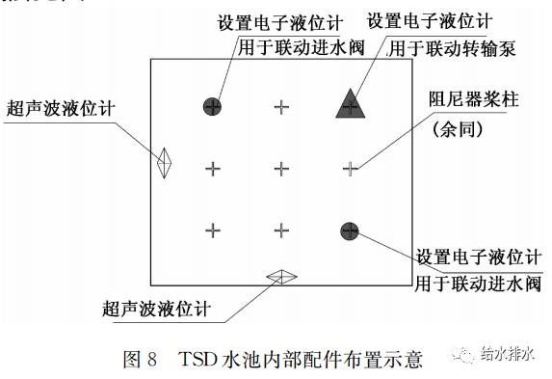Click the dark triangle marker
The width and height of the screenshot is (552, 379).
coord(351,103)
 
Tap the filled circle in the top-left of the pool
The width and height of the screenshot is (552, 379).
coord(212,106)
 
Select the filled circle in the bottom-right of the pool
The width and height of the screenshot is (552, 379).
coord(350,230)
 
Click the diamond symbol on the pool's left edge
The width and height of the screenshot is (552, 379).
coord(166,162)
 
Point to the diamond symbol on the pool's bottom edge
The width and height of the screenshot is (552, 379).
coord(281,276)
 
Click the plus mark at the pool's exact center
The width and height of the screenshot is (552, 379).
coord(281,169)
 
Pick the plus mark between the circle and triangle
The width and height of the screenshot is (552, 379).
coord(281,106)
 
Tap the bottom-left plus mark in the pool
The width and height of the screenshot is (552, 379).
coord(213,230)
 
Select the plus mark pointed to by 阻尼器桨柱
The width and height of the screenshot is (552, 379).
coord(351,169)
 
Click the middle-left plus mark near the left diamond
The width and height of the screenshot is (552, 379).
coord(213,169)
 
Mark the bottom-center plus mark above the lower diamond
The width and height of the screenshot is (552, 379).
coord(281,230)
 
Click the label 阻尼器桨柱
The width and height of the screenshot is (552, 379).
coord(473,102)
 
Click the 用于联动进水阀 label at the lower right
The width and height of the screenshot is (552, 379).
coord(478,284)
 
